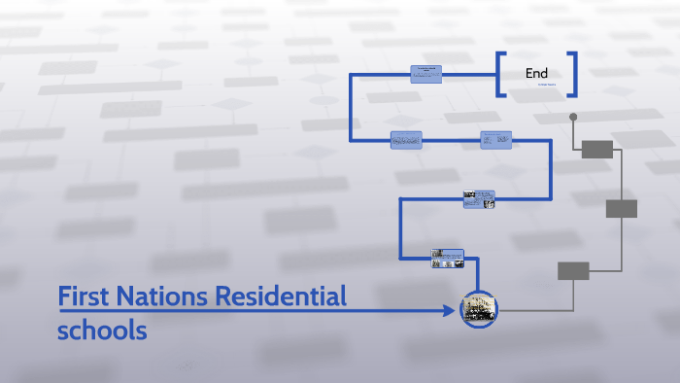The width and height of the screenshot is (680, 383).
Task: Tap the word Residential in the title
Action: click(280, 296)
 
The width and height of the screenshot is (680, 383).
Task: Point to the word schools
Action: click(102, 330)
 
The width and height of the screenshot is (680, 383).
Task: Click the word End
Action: click(536, 73)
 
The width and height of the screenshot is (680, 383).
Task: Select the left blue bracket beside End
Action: click(499, 74)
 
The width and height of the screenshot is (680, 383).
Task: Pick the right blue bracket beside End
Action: click(574, 74)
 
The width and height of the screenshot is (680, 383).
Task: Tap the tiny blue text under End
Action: click(550, 86)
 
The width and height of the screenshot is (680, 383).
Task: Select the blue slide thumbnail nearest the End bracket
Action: click(426, 74)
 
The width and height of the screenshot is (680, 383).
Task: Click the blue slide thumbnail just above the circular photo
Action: click(448, 258)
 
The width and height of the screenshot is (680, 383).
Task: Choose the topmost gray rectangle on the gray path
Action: click(596, 149)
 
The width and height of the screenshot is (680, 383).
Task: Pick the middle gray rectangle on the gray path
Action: click(622, 208)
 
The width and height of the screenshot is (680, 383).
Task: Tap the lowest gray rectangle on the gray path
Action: click(573, 271)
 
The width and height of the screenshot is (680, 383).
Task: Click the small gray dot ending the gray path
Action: click(573, 117)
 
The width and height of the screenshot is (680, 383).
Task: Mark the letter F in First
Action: click(64, 296)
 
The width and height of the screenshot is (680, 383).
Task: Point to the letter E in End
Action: click(529, 73)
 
